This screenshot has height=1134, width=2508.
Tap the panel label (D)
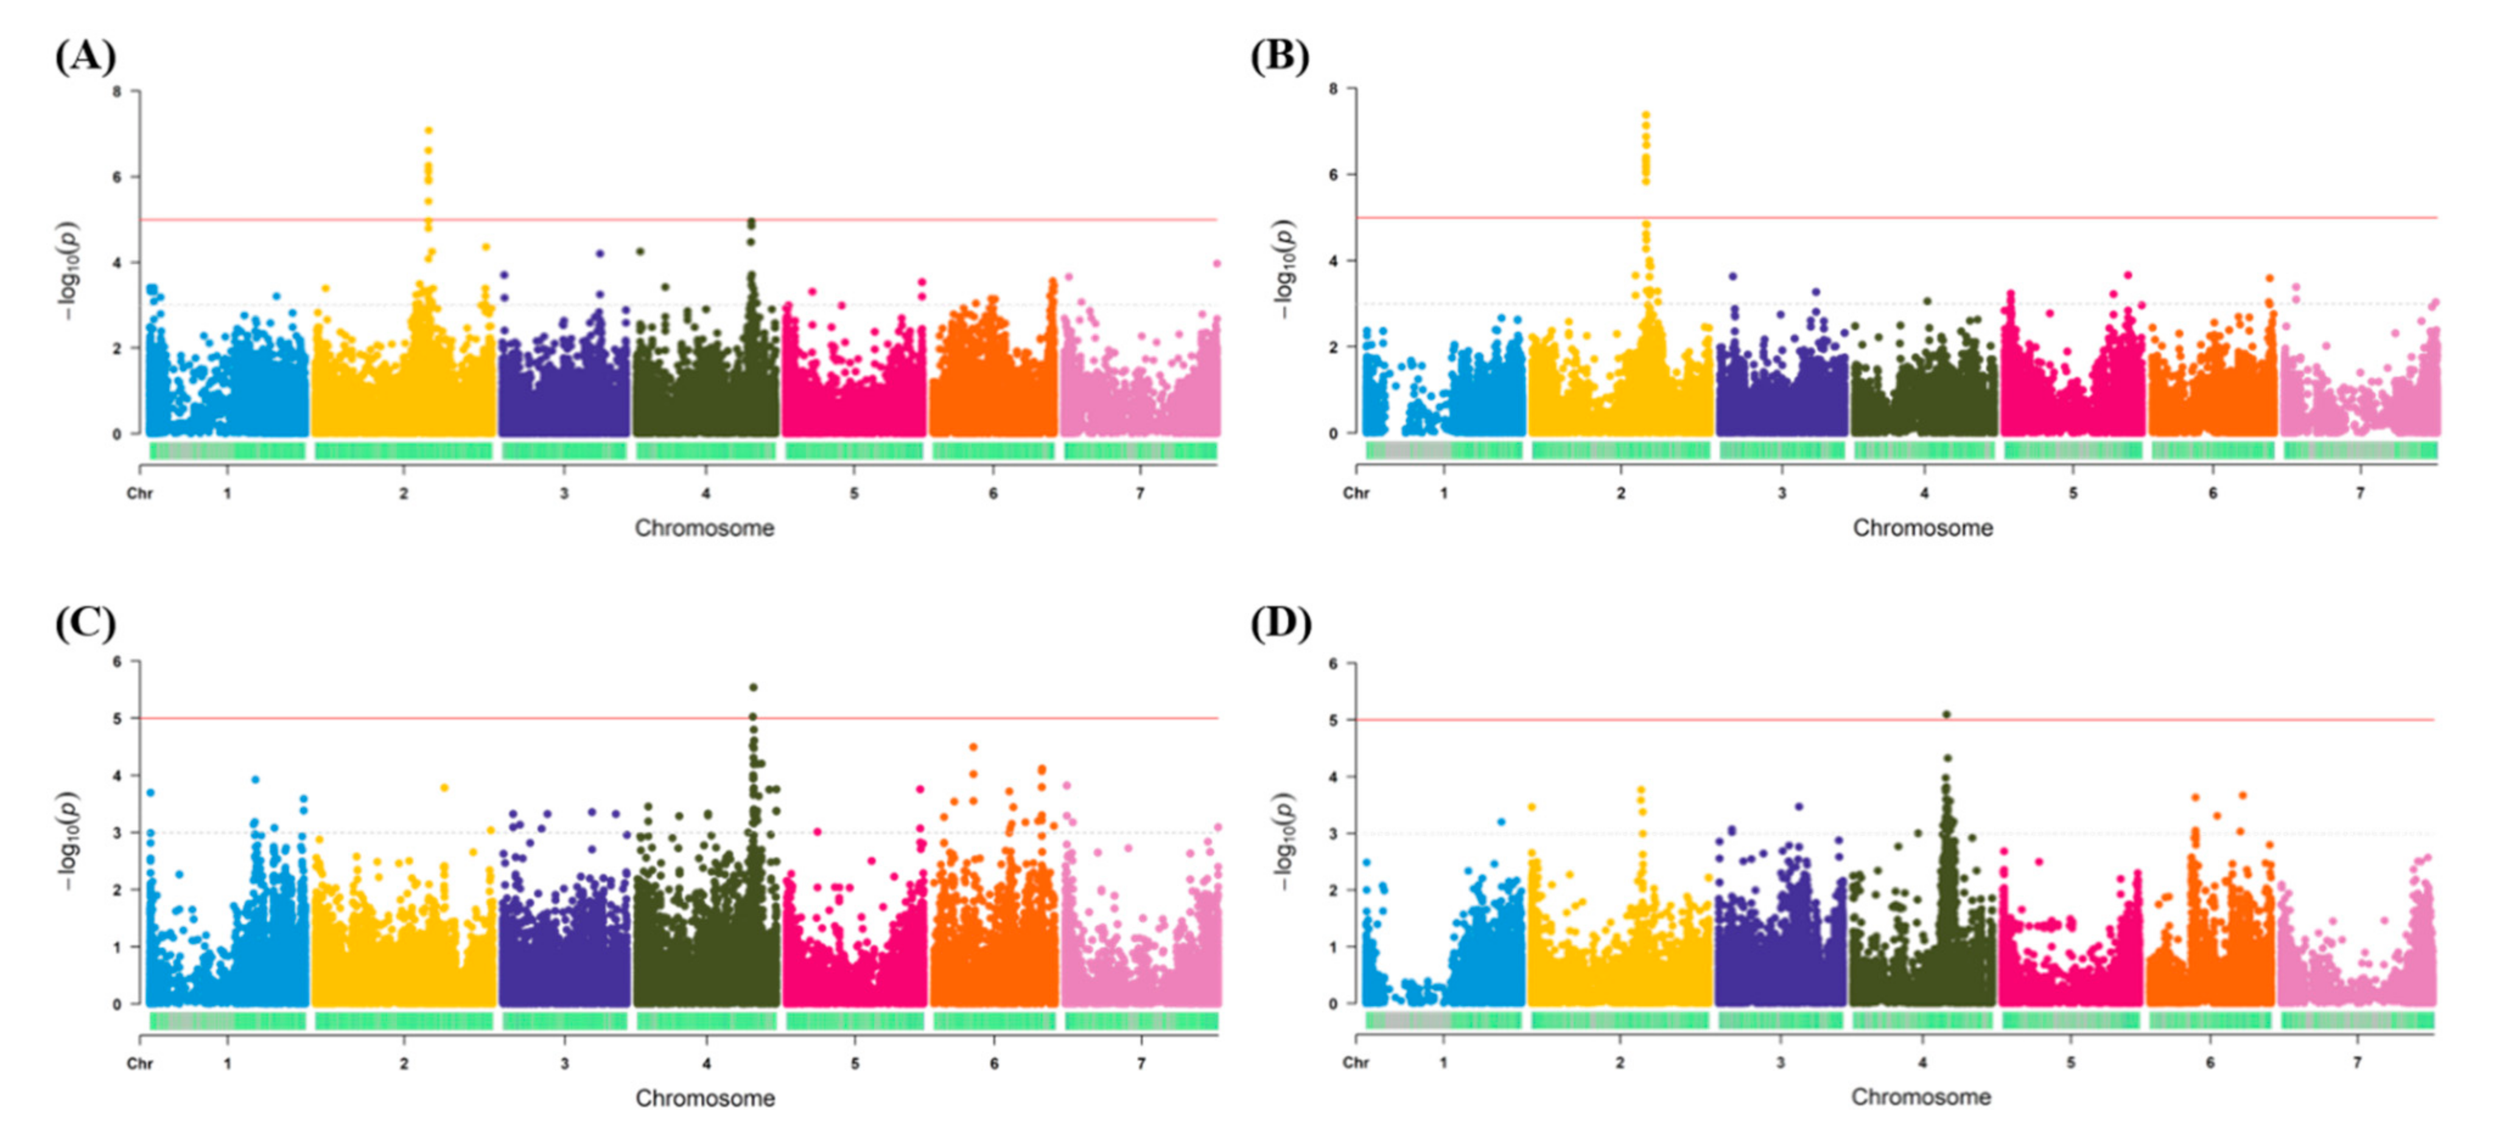click(x=1280, y=623)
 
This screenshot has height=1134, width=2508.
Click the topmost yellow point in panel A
click(x=429, y=130)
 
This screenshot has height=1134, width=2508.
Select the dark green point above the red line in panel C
click(x=752, y=687)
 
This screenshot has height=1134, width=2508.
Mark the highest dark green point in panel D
click(x=1946, y=714)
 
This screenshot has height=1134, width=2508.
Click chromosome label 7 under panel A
click(x=1140, y=493)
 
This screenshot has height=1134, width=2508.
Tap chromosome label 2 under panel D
click(x=1620, y=1062)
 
